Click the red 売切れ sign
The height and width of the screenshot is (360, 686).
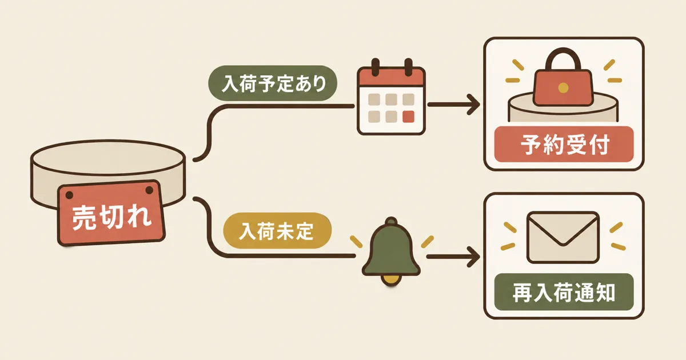pyautogui.click(x=111, y=213)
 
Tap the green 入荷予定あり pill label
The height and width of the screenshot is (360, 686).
pyautogui.click(x=273, y=83)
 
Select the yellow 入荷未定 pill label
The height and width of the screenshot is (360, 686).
pyautogui.click(x=277, y=230)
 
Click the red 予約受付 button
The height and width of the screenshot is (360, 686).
pyautogui.click(x=564, y=144)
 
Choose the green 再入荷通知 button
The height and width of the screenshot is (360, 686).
pyautogui.click(x=564, y=292)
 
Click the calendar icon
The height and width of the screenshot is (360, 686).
pyautogui.click(x=392, y=97)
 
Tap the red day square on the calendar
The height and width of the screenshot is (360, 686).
pyautogui.click(x=408, y=117)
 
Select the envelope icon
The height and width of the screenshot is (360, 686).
pyautogui.click(x=563, y=237)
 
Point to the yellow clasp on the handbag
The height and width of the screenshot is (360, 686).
pyautogui.click(x=563, y=88)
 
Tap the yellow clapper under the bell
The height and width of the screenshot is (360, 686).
pyautogui.click(x=391, y=280)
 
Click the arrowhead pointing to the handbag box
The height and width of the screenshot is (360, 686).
pyautogui.click(x=473, y=105)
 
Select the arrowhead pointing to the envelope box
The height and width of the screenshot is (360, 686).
pyautogui.click(x=473, y=257)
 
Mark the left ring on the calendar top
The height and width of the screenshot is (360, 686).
pyautogui.click(x=376, y=67)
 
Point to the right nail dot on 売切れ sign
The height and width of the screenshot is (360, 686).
pyautogui.click(x=149, y=190)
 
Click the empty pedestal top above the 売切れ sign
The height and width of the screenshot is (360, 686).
pyautogui.click(x=108, y=157)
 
